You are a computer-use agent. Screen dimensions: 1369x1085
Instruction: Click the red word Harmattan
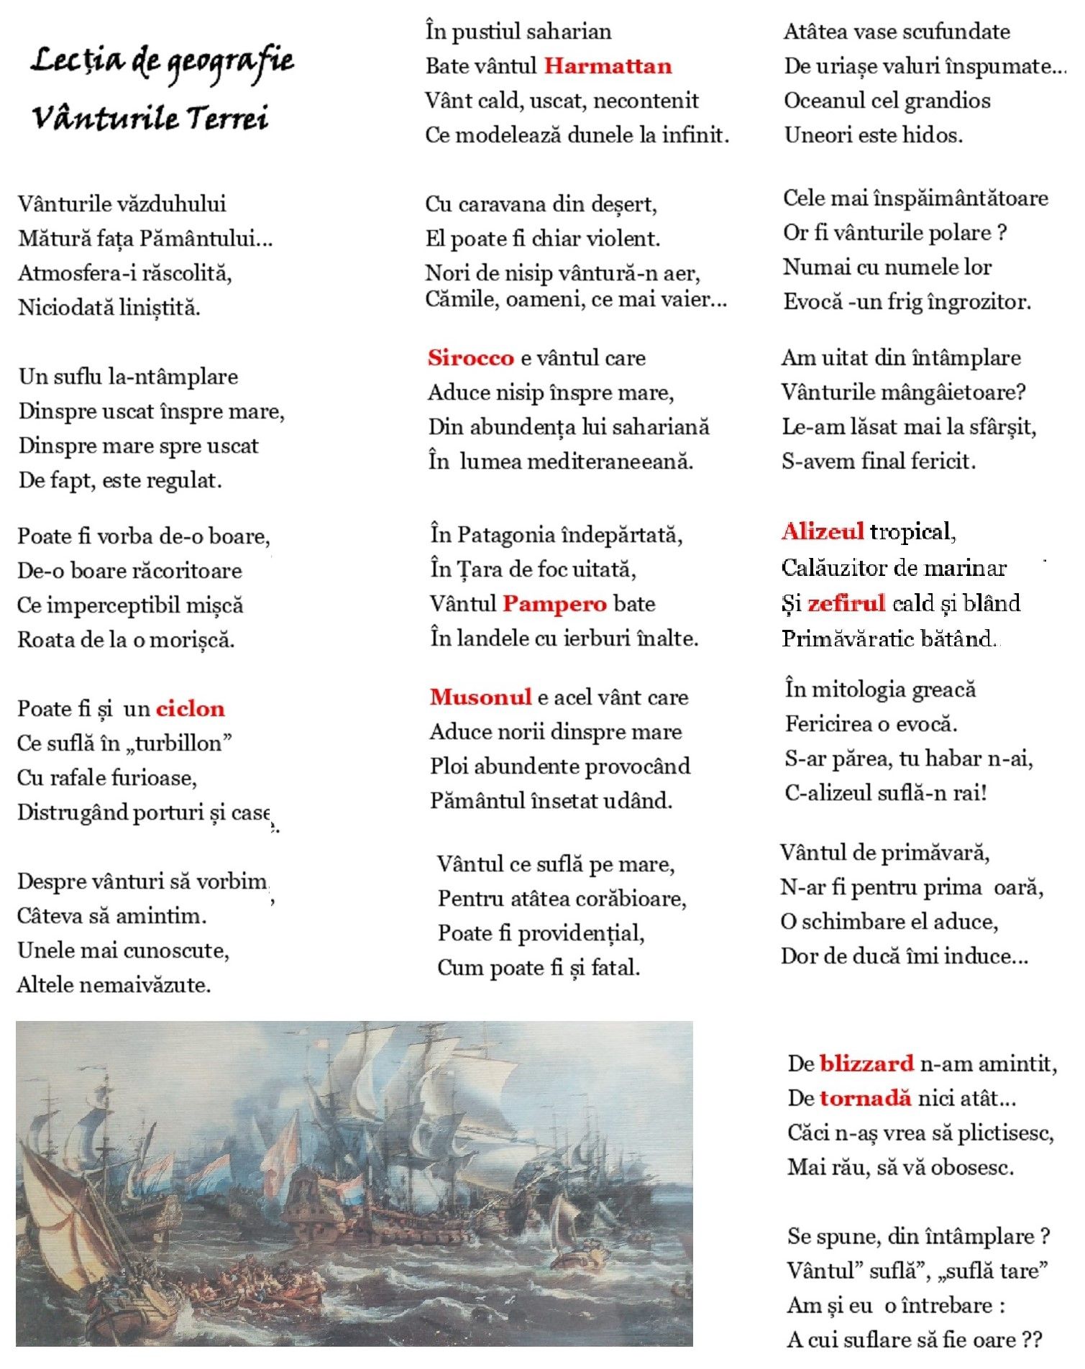click(608, 66)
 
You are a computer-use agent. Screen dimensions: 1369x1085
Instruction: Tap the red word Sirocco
click(470, 357)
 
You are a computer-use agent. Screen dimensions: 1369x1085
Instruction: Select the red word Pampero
click(554, 603)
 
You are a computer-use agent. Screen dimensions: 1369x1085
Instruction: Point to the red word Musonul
click(480, 697)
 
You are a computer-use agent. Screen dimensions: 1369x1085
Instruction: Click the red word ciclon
click(191, 709)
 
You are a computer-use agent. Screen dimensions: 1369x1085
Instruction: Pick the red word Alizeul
click(823, 532)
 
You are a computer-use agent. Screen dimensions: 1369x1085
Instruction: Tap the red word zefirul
click(846, 603)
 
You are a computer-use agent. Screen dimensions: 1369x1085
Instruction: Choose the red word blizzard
click(866, 1063)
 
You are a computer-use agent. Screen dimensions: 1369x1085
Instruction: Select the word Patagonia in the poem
click(504, 535)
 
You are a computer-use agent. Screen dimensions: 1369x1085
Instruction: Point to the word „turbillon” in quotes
click(179, 743)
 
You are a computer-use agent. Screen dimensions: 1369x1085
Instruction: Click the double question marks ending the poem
click(1031, 1340)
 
